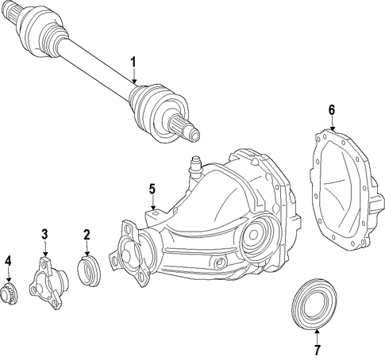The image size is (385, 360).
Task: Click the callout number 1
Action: coord(133,62)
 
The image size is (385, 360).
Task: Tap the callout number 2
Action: coord(87,235)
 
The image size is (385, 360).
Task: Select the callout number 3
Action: coord(44,234)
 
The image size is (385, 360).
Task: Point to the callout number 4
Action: coord(9,261)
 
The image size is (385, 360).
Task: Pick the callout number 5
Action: coord(152,189)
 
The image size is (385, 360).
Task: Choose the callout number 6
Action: coord(332,110)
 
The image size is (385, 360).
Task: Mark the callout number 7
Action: coord(317,350)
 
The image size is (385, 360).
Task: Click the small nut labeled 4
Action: coord(9,292)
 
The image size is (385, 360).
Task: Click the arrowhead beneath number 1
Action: coord(134,82)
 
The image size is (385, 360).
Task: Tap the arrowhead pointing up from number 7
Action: coord(317,331)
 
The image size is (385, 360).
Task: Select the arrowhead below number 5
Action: coord(152,208)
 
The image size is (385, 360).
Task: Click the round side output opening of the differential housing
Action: coord(253,234)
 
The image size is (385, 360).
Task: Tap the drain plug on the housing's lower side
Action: coord(220,262)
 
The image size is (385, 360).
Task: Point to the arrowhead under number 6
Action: coord(333,129)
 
